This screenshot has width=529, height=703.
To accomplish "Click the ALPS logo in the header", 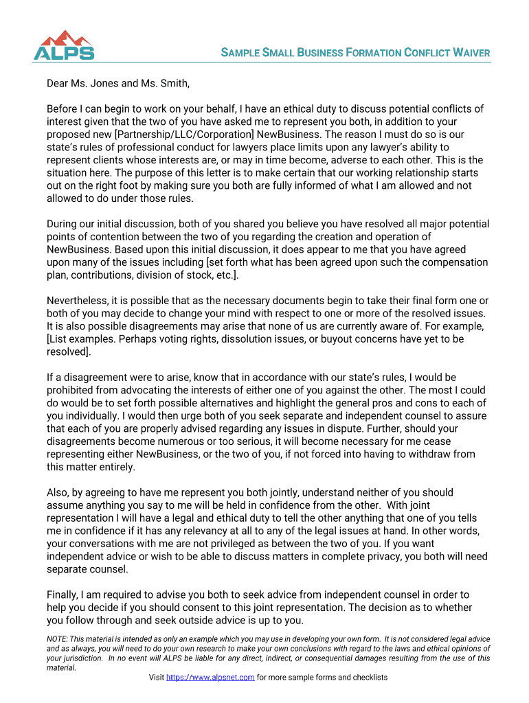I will click(64, 45).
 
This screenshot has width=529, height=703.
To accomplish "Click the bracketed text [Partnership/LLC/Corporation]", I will click(183, 134).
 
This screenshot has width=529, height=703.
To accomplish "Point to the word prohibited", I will click(72, 390).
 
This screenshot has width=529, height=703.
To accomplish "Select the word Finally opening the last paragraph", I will click(63, 595).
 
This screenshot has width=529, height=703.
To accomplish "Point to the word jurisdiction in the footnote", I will click(70, 658).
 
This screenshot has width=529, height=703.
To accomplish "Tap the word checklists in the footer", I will click(367, 678).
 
